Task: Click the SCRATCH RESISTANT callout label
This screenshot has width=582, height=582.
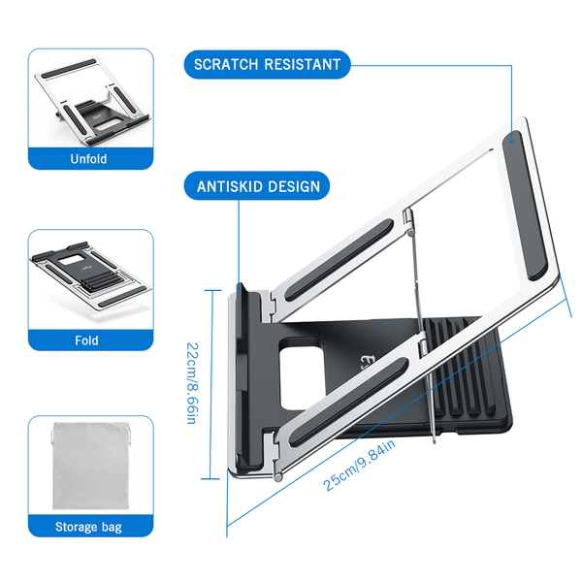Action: pyautogui.click(x=268, y=65)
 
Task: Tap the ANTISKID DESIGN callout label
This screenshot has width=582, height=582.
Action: pyautogui.click(x=257, y=185)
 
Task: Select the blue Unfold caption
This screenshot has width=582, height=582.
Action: pyautogui.click(x=89, y=159)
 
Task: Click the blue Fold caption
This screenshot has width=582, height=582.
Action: pyautogui.click(x=89, y=341)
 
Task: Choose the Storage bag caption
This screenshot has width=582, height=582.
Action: pyautogui.click(x=89, y=528)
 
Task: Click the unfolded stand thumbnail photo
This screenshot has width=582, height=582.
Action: pyautogui.click(x=89, y=98)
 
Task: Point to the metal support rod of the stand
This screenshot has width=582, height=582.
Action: pyautogui.click(x=420, y=320)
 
